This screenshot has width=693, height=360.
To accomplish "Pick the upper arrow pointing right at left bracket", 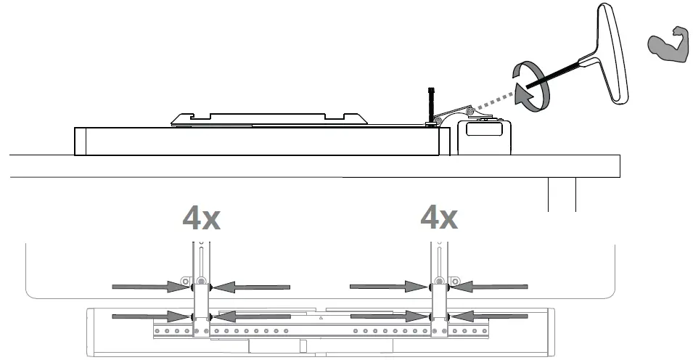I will (149, 287).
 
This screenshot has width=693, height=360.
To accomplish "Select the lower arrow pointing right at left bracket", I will (149, 316).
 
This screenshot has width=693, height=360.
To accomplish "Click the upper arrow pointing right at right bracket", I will (388, 287).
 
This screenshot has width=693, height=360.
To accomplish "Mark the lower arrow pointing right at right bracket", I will (388, 316).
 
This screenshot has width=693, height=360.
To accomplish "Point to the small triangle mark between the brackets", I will (320, 318).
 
